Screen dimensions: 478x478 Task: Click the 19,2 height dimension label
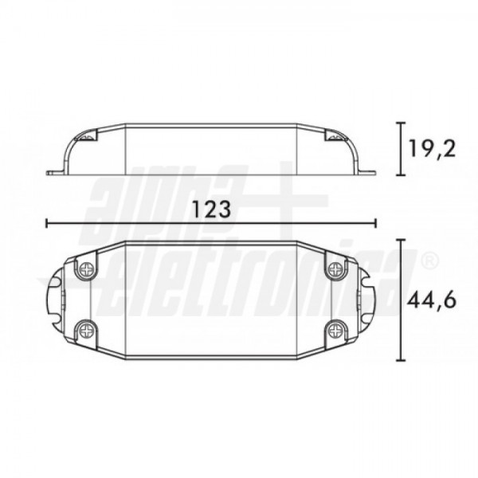pyautogui.click(x=433, y=148)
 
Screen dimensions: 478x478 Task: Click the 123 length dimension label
pyautogui.click(x=211, y=209)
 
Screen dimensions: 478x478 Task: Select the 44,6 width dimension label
pyautogui.click(x=432, y=301)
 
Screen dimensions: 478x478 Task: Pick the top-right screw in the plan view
pyautogui.click(x=336, y=269)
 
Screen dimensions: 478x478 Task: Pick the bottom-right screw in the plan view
pyautogui.click(x=336, y=330)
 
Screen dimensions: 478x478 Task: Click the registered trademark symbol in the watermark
pyautogui.click(x=430, y=261)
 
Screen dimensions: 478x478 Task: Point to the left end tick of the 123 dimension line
pyautogui.click(x=46, y=223)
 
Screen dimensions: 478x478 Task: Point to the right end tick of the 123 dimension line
pyautogui.click(x=376, y=223)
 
